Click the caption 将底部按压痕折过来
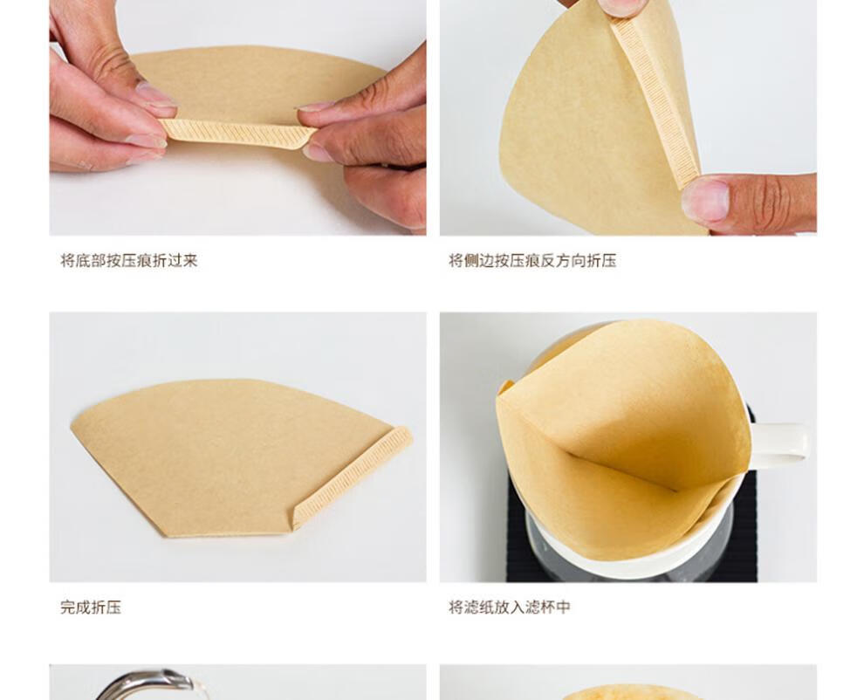(129, 260)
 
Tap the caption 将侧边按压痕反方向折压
(532, 260)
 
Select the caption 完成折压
(91, 607)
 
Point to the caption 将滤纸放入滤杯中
(509, 607)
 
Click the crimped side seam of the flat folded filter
(353, 477)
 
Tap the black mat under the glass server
(634, 551)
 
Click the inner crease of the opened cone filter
(622, 470)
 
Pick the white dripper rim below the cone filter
(634, 546)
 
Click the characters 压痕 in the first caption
(137, 260)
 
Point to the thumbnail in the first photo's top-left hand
(154, 95)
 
